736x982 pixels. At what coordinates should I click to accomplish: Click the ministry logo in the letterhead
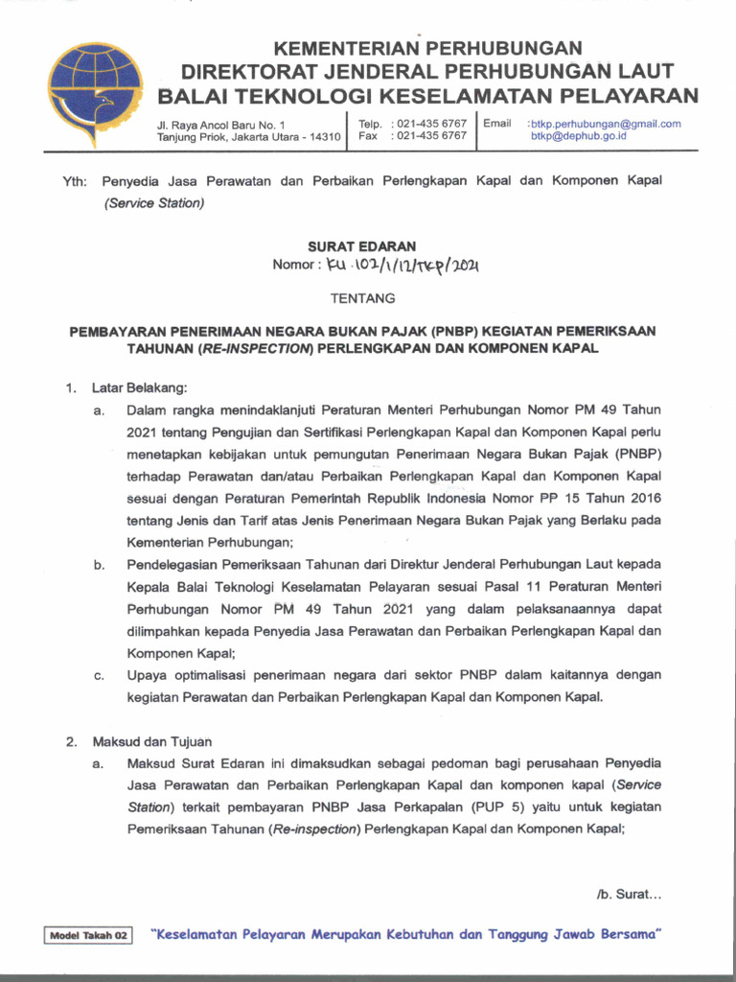[96, 92]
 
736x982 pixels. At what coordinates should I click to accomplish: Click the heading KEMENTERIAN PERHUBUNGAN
[428, 47]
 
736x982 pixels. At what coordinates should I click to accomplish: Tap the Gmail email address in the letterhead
[606, 124]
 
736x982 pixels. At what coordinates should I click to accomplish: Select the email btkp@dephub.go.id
[579, 137]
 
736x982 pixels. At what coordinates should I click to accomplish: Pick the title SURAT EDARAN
[361, 246]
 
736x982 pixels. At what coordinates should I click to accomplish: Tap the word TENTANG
[362, 298]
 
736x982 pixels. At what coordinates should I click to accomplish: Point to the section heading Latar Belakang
[140, 387]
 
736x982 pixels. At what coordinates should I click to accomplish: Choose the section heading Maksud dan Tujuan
[152, 741]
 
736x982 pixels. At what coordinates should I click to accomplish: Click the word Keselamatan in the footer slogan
[195, 934]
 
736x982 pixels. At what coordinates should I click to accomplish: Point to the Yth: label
[76, 181]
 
